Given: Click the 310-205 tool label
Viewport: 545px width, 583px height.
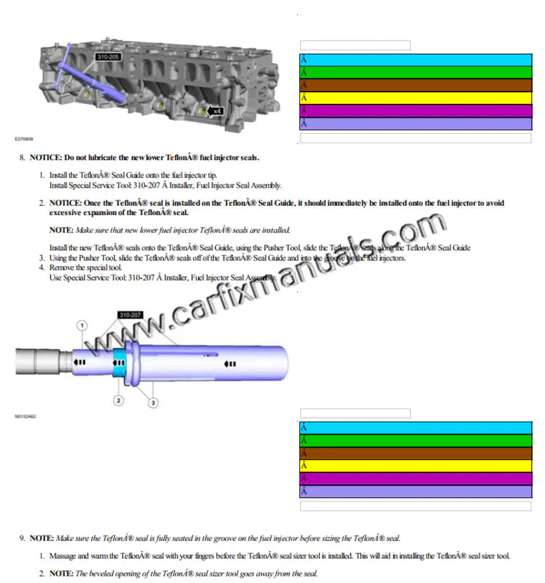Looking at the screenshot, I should tap(107, 55).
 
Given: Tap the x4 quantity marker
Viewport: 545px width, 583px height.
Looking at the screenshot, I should tap(216, 111).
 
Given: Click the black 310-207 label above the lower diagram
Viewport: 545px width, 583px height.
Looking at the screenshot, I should tap(131, 315).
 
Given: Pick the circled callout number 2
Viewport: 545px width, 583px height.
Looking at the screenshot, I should tap(118, 399).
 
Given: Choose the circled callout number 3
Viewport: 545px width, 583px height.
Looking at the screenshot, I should tap(153, 402).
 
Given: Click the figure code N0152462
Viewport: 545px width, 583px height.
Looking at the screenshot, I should tap(25, 417).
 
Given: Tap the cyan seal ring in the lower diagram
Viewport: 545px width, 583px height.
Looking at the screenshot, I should tap(119, 361).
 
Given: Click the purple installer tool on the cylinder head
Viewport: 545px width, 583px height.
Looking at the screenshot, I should tap(94, 73).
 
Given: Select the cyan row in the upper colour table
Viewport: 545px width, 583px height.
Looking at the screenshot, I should tap(415, 60).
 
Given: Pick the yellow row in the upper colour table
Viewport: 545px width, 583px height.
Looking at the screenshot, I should tap(415, 98).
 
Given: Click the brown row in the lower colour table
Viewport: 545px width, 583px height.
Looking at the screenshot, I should tap(415, 453).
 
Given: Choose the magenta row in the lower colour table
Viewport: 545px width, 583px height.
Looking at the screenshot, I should tap(415, 478).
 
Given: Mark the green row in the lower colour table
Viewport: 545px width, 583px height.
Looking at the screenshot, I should tap(415, 441).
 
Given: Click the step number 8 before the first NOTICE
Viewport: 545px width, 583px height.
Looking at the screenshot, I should tap(22, 157).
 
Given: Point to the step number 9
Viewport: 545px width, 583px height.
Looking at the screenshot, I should tap(22, 538).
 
